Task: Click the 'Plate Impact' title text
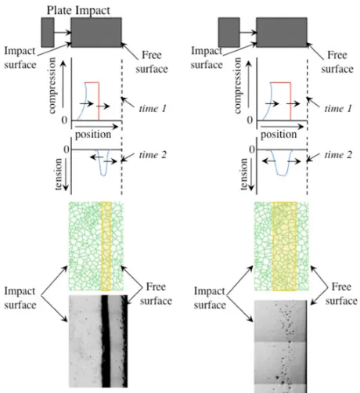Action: (78, 10)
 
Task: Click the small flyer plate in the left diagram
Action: (48, 32)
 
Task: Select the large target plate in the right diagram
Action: (282, 32)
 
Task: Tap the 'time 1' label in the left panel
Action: (153, 108)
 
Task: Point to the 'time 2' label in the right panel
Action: (338, 155)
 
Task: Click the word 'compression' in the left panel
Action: (52, 85)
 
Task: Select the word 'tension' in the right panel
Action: (243, 174)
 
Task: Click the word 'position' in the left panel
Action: (93, 135)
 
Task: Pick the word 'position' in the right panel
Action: (279, 135)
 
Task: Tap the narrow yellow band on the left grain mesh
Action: (106, 246)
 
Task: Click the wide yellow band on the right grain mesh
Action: (285, 246)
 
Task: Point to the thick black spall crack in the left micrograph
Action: (106, 341)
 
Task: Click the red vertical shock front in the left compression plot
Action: (99, 101)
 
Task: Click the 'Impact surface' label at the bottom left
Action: (20, 298)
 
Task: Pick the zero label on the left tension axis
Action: (67, 150)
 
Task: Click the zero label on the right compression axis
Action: (250, 120)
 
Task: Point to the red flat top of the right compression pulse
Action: (280, 82)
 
